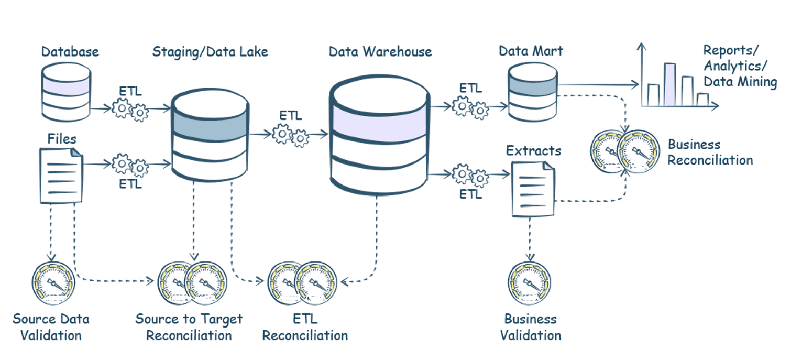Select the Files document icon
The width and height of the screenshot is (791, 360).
(x=61, y=174)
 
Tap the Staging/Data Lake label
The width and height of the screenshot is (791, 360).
(x=210, y=51)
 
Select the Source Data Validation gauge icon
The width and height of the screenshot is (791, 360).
(x=53, y=283)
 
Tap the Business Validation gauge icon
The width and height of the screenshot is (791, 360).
(x=530, y=283)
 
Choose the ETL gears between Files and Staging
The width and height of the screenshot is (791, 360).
(x=130, y=165)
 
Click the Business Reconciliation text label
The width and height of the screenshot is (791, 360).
(x=710, y=152)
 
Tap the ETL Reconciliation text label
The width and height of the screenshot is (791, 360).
(x=305, y=327)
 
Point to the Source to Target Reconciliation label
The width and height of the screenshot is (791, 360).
(x=189, y=327)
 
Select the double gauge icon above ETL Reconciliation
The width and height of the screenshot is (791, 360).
(x=300, y=283)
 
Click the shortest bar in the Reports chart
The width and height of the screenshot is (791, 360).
(x=702, y=100)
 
